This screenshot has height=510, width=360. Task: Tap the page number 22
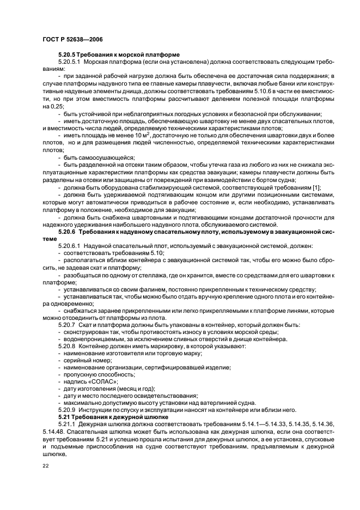[x=45, y=465]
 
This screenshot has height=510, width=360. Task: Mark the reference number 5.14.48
[x=52, y=431]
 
